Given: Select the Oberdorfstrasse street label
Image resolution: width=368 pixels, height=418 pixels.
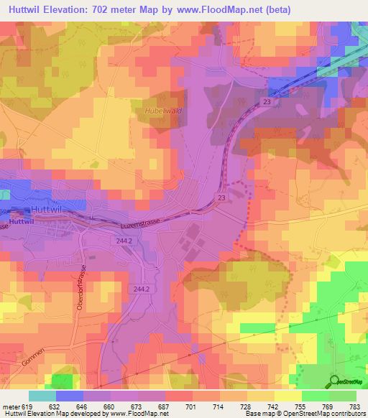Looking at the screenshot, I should click(x=80, y=288).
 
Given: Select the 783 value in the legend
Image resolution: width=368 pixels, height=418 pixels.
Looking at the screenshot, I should click(x=354, y=406).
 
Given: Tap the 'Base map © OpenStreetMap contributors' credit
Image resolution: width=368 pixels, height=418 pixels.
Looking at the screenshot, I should click(x=304, y=414).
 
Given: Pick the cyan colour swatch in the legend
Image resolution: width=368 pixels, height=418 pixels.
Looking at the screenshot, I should click(x=42, y=396).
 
